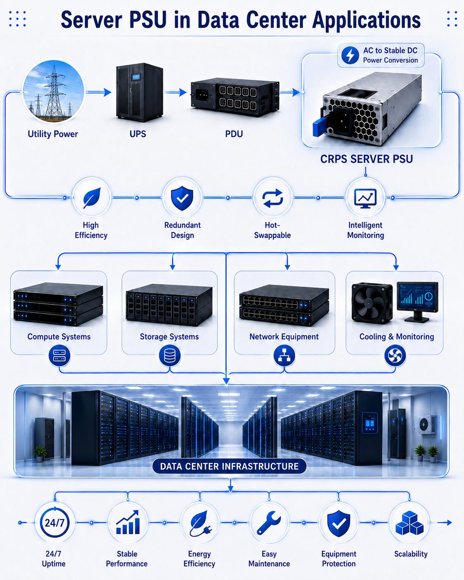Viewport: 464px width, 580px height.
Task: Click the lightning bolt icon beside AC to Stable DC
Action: (350, 55)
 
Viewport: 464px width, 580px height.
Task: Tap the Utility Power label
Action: (53, 134)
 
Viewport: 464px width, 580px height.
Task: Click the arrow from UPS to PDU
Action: (176, 92)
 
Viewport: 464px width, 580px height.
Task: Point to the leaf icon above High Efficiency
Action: (92, 198)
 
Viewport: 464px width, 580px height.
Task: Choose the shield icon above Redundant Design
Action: (182, 198)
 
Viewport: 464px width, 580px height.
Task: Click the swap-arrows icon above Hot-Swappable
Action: (273, 198)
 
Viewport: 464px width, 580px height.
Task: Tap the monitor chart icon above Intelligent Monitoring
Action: (366, 199)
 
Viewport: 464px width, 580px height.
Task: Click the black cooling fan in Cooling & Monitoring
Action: (372, 303)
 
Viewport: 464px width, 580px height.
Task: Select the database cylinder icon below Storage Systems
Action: (170, 356)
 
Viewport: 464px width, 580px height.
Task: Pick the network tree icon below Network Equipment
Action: (284, 356)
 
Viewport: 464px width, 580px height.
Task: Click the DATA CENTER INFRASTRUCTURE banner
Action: (229, 466)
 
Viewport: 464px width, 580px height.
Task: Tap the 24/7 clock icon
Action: (55, 522)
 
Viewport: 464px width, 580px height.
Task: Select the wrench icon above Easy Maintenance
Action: (268, 523)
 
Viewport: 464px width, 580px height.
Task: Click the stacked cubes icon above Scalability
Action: (409, 523)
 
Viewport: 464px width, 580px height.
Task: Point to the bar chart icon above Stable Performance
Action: (128, 522)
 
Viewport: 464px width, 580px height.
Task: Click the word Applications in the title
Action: (366, 20)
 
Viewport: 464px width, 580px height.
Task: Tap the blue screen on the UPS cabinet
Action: (136, 77)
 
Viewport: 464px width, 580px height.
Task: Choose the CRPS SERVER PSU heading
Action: (366, 159)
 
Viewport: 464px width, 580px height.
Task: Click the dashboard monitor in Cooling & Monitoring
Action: (417, 302)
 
